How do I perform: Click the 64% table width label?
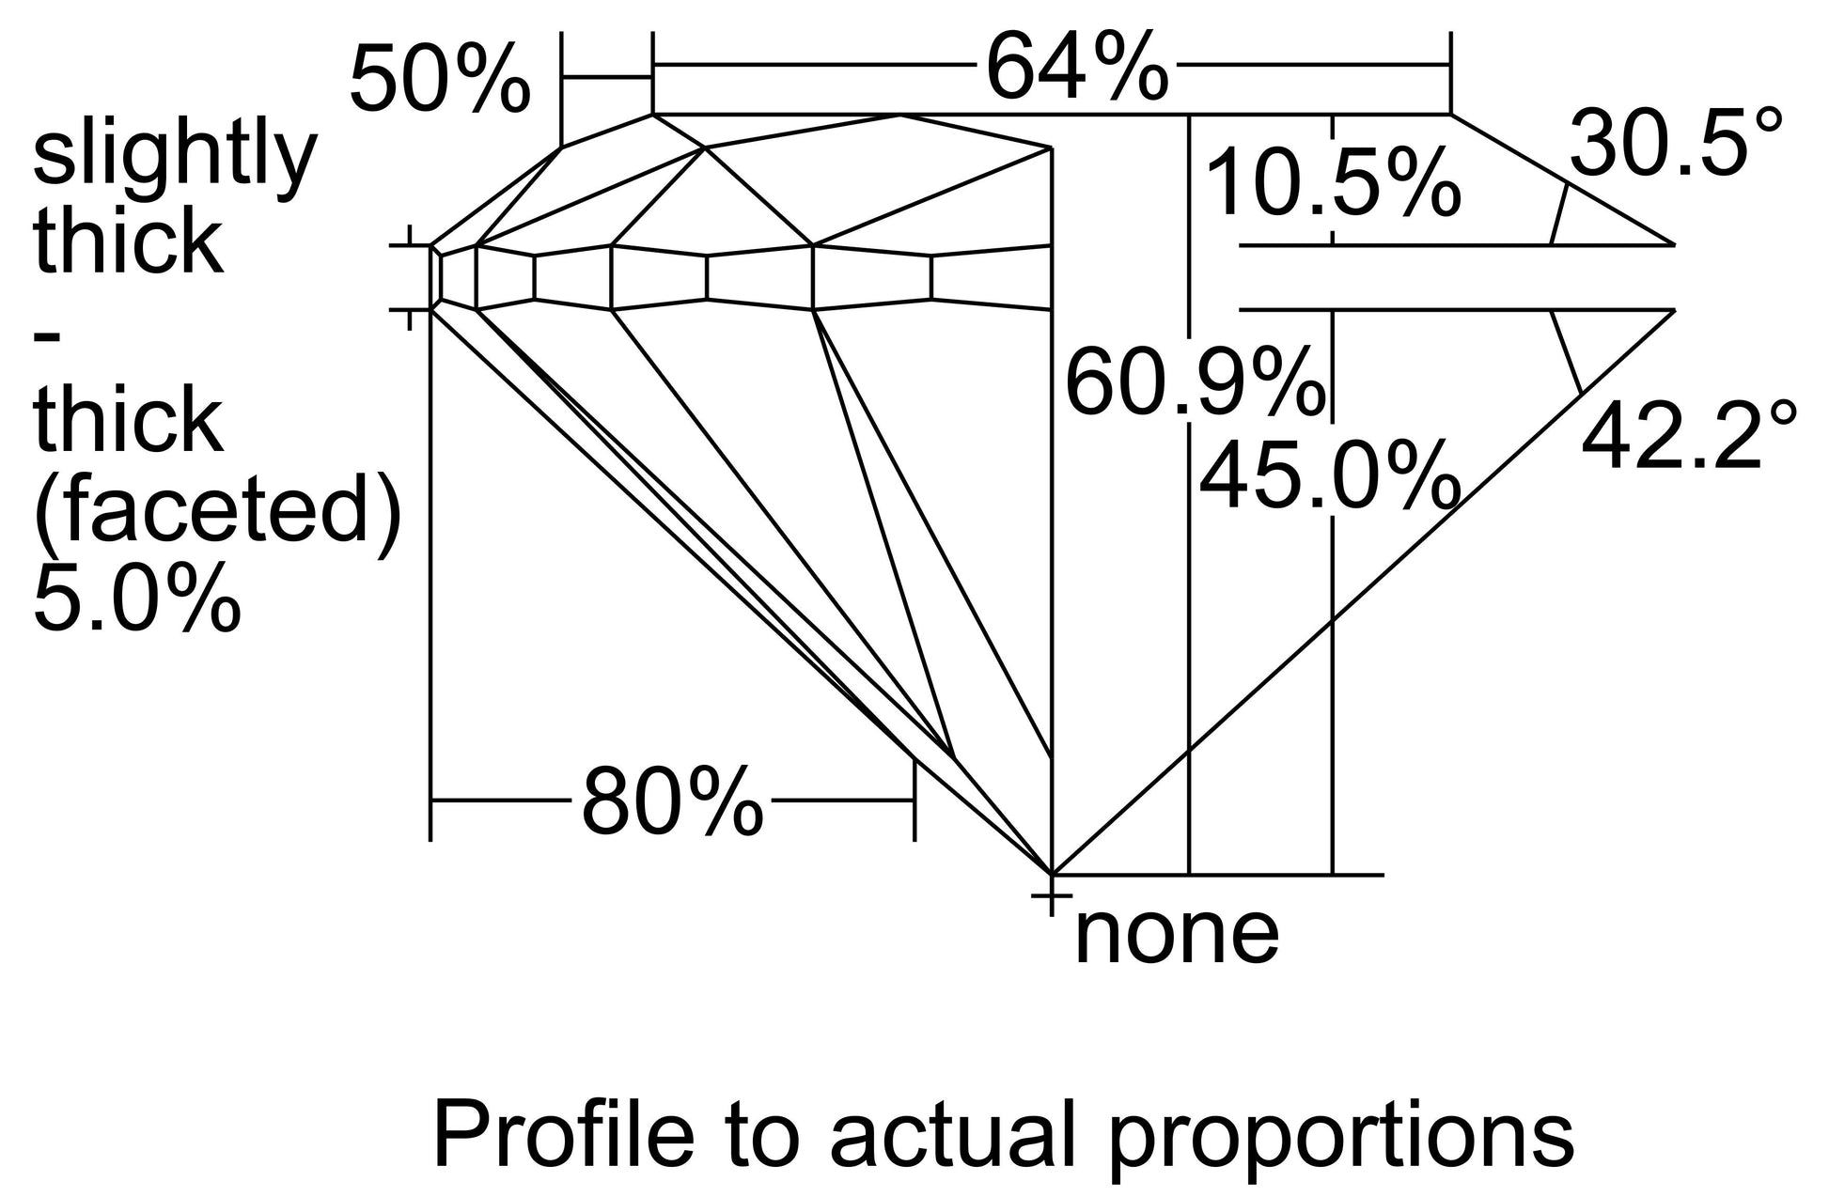coord(1077,66)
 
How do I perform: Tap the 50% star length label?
coord(440,80)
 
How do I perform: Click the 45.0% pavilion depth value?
coord(1330,476)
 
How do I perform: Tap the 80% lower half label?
coord(672,801)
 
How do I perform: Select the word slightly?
coord(175,157)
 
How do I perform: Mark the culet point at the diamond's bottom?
coord(1050,873)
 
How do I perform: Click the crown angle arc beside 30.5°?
coord(1558,213)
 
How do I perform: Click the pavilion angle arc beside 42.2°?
coord(1567,351)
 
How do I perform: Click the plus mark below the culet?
coord(1051,896)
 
